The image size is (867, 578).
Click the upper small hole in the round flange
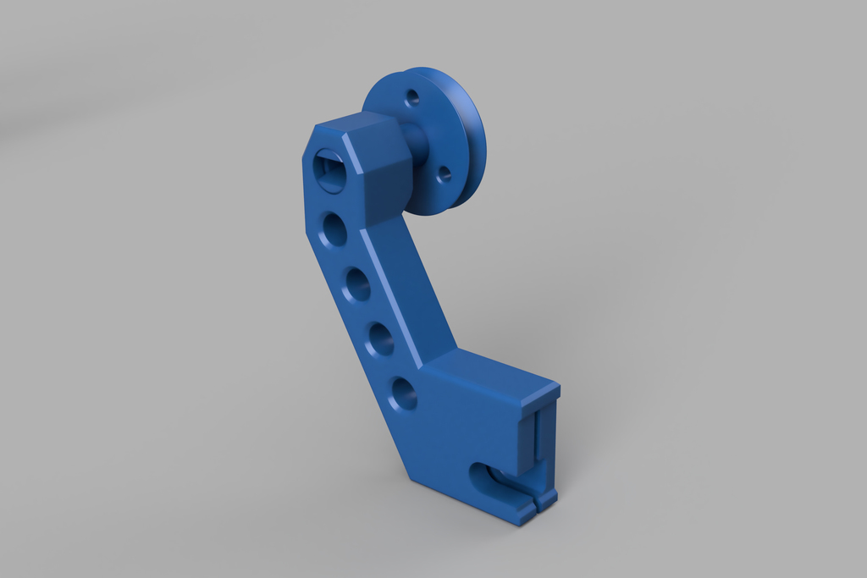(412, 97)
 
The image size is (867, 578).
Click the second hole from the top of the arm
(335, 229)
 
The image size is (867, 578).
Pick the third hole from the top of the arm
(357, 284)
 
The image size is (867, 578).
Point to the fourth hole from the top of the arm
(380, 339)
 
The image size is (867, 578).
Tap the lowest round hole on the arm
(404, 394)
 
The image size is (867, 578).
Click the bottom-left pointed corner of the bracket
(412, 478)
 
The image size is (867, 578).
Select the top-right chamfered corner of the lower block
(555, 389)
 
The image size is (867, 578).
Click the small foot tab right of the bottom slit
(547, 498)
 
